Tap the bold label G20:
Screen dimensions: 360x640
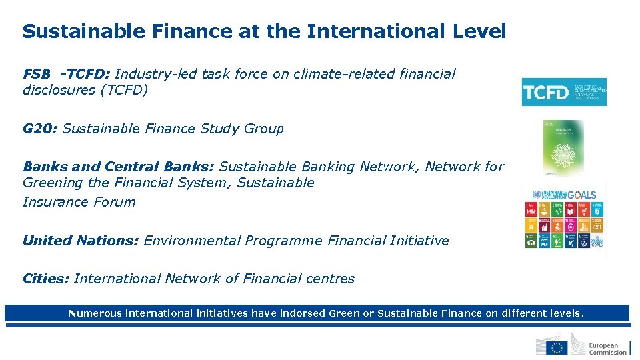tap(40, 129)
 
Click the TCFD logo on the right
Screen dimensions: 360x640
tap(563, 92)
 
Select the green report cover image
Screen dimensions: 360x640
tap(563, 147)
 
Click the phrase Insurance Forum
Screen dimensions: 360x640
tap(79, 202)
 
